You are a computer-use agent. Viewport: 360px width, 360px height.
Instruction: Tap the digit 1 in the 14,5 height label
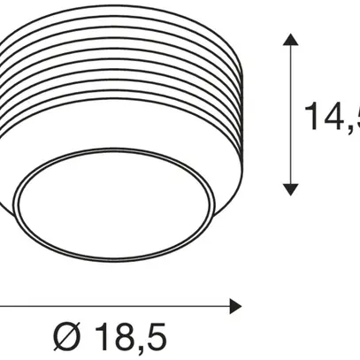tap(310, 114)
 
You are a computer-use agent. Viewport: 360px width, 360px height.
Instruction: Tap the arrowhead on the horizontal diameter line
tap(234, 306)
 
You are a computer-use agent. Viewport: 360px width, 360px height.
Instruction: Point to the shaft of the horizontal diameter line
tap(115, 306)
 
